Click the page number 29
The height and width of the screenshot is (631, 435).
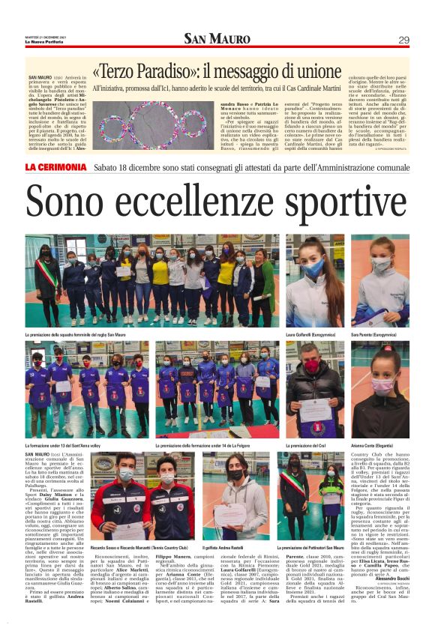tap(403, 40)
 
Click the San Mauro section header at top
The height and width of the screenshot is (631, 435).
tap(217, 39)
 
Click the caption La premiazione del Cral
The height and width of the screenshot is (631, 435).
tap(310, 444)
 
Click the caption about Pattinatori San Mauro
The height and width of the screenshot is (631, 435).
tap(313, 549)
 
